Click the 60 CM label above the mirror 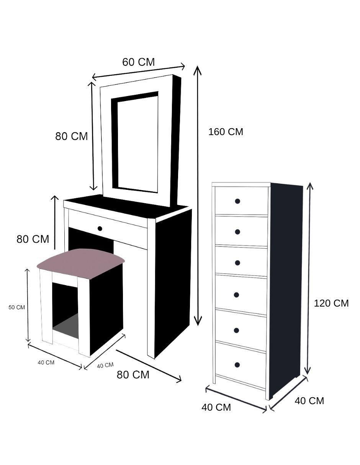click(x=138, y=62)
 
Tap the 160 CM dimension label click(x=226, y=132)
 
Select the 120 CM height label click(x=331, y=303)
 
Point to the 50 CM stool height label click(x=17, y=307)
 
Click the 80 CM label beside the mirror click(x=72, y=136)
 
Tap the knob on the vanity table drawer click(x=100, y=228)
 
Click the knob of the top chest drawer click(x=237, y=201)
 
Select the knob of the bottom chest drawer click(x=237, y=365)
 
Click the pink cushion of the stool click(x=81, y=263)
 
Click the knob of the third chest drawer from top click(x=237, y=263)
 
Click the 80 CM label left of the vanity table click(x=33, y=239)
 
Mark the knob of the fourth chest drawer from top click(x=236, y=295)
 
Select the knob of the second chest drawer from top click(x=237, y=232)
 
